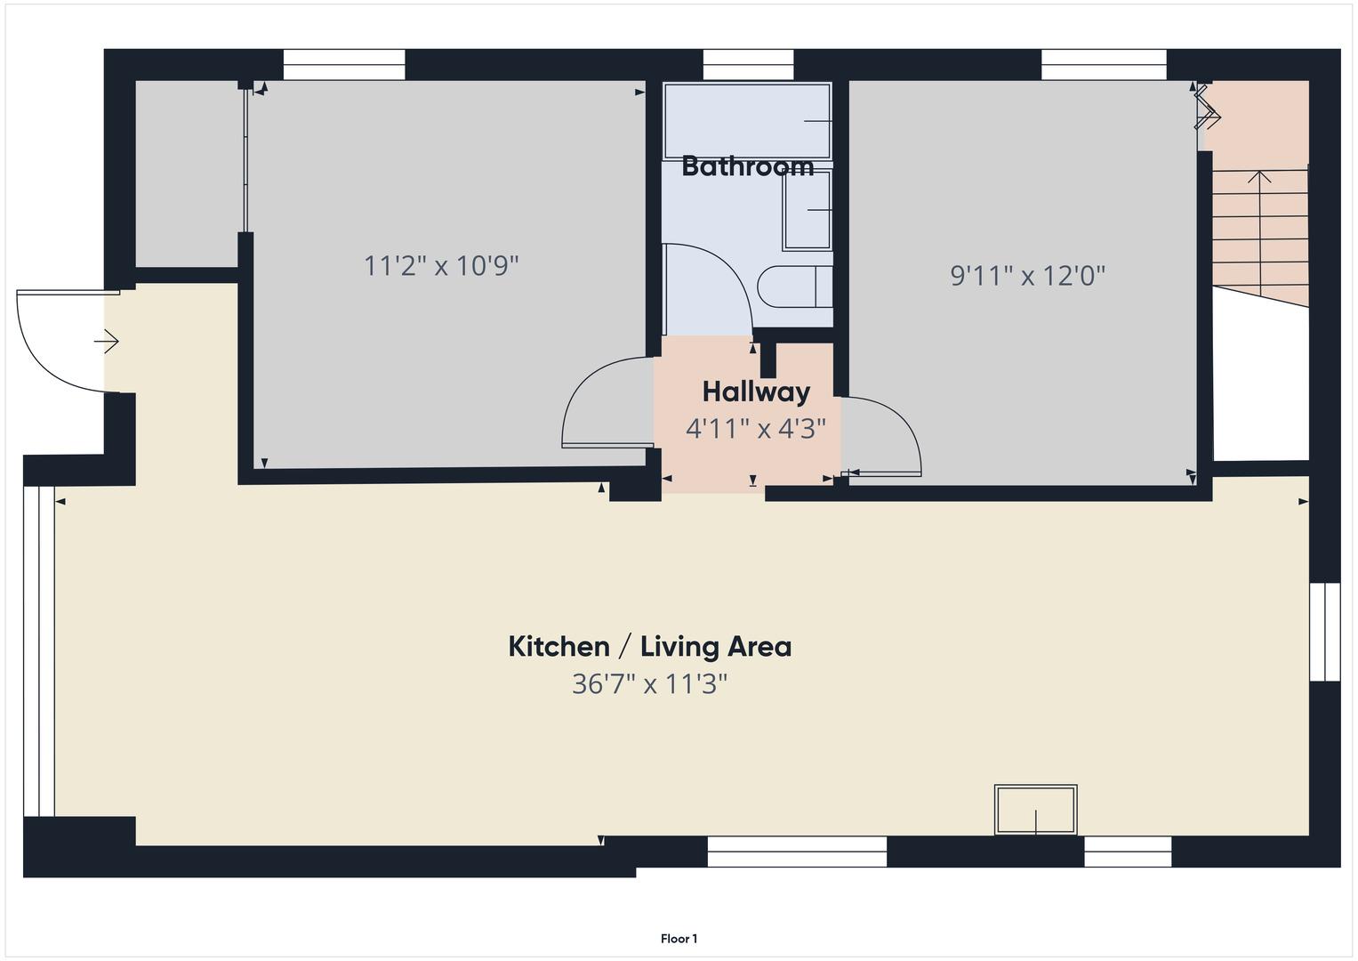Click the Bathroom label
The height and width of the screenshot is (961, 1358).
pyautogui.click(x=747, y=166)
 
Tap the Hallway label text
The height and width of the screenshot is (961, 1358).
pyautogui.click(x=756, y=392)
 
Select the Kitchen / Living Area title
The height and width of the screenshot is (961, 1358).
pyautogui.click(x=649, y=646)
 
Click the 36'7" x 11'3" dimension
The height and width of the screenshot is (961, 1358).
pyautogui.click(x=649, y=684)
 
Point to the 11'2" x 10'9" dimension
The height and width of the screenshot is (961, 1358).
pyautogui.click(x=441, y=265)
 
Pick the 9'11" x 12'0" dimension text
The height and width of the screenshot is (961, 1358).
pyautogui.click(x=1027, y=276)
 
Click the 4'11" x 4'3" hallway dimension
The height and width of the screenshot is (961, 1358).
pyautogui.click(x=756, y=429)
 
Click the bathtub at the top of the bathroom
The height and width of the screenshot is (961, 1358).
pyautogui.click(x=747, y=121)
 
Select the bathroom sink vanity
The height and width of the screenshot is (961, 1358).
pyautogui.click(x=807, y=211)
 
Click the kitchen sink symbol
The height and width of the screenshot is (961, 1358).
pyautogui.click(x=1035, y=810)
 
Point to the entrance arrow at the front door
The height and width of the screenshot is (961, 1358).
pyautogui.click(x=108, y=341)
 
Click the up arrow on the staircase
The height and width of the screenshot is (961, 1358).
pyautogui.click(x=1259, y=178)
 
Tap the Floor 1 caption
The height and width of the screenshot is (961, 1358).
pyautogui.click(x=679, y=939)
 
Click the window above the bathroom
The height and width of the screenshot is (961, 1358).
pyautogui.click(x=748, y=65)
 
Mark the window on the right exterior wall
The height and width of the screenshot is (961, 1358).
pyautogui.click(x=1324, y=632)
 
